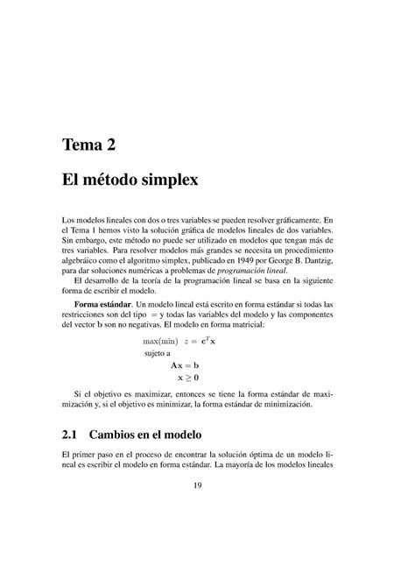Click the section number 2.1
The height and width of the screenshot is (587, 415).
(74, 435)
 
